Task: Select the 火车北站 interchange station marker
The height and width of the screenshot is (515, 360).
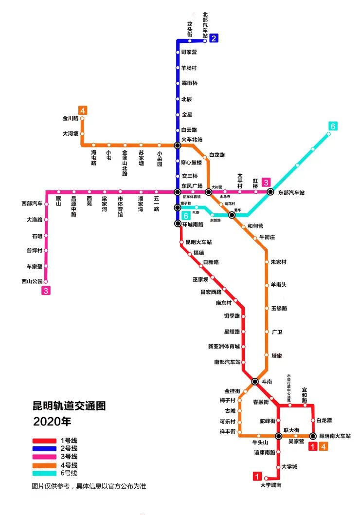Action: pos(178,145)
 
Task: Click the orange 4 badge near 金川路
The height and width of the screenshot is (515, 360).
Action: pos(83,110)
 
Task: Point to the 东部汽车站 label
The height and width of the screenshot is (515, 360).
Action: pos(291,193)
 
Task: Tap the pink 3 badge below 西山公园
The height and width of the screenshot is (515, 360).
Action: pos(46,291)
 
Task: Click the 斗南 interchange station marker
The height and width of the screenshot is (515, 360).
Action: pos(255,381)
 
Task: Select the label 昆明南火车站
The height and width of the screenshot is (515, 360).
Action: pos(335,436)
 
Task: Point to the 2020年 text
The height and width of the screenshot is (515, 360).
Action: pos(52,421)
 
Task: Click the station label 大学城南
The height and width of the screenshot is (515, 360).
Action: pos(271,485)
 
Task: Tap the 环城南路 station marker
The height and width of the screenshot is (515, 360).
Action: pos(178,223)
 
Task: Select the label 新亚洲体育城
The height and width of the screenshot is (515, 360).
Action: pos(224,347)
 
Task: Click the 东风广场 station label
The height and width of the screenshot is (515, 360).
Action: pos(192,185)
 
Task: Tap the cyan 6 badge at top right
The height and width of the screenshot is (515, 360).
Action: pos(333,127)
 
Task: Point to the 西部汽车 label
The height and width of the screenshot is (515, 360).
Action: pos(32,203)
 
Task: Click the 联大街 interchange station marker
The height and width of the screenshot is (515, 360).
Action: pos(278,436)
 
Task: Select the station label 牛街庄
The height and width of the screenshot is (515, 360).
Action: pos(267,237)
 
